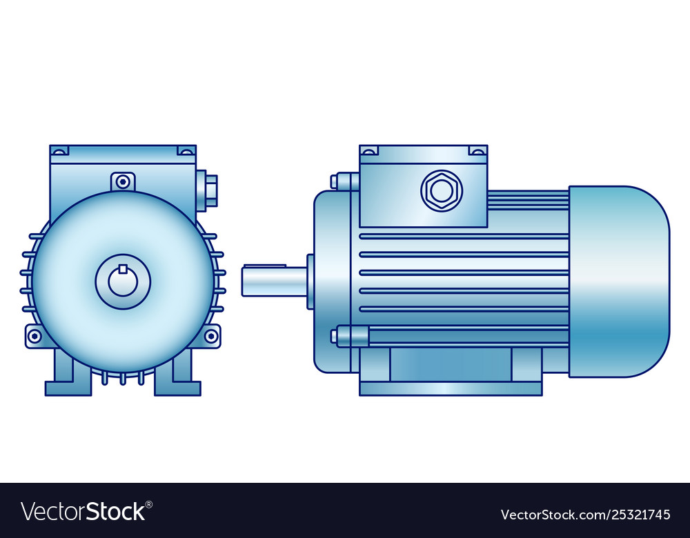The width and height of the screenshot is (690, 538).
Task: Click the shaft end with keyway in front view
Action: pyautogui.click(x=124, y=282)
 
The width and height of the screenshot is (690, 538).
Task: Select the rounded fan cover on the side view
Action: pyautogui.click(x=619, y=281)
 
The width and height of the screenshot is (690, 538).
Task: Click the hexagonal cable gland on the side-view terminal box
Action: pyautogui.click(x=442, y=190)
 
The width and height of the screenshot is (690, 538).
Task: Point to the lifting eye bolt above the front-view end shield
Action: pyautogui.click(x=123, y=181)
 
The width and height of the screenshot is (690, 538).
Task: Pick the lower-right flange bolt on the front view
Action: pyautogui.click(x=210, y=336)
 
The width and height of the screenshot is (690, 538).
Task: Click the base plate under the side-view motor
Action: pyautogui.click(x=451, y=389)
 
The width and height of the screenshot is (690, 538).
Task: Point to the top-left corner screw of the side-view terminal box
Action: pyautogui.click(x=369, y=150)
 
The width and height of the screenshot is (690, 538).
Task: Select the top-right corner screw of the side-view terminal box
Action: pyautogui.click(x=477, y=150)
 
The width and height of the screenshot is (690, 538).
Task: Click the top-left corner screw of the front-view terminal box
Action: pyautogui.click(x=60, y=150)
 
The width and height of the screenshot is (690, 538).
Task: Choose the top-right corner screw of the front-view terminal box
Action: pyautogui.click(x=186, y=150)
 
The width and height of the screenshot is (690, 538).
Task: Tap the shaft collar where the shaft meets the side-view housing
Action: pyautogui.click(x=310, y=281)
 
